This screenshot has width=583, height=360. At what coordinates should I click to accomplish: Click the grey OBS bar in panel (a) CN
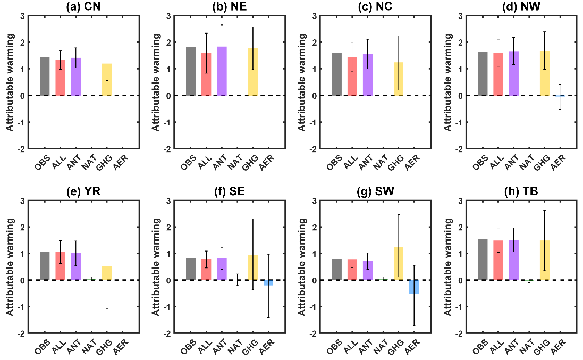point(45,77)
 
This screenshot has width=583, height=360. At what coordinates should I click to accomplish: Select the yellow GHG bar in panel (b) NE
point(253,72)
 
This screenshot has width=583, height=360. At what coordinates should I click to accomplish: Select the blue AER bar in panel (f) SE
point(268,283)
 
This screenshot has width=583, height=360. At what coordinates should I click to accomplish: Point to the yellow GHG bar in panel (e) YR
point(107,273)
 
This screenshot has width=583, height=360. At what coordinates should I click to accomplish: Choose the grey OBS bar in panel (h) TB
point(483,259)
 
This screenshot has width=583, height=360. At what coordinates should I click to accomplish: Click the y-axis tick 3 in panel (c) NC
point(316,16)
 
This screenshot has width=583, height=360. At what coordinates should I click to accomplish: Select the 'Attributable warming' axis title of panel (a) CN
point(10,82)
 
